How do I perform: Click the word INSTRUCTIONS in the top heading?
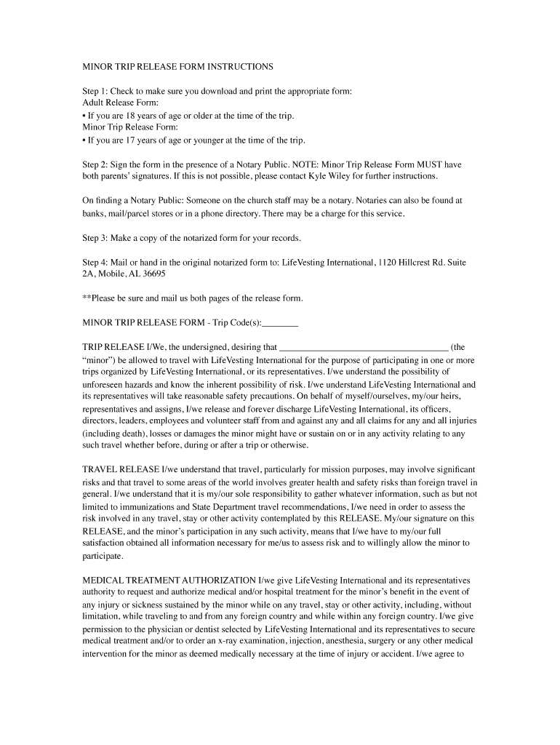(240, 67)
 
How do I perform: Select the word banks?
(93, 214)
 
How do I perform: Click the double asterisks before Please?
(87, 299)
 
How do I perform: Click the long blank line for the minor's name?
(364, 348)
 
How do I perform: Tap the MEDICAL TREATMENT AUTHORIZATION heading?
(169, 581)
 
